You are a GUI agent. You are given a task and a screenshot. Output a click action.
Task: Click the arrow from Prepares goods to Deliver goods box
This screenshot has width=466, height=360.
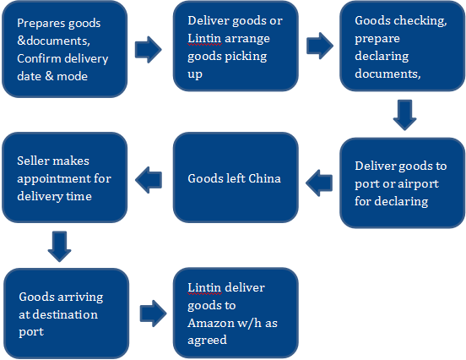coord(148,50)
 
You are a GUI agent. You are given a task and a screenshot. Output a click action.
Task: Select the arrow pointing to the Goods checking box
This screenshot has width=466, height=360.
coord(320,46)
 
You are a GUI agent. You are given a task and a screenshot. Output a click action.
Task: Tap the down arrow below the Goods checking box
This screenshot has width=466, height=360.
coord(404,115)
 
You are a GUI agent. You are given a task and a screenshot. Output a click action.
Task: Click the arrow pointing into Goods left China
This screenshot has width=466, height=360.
coord(319,183)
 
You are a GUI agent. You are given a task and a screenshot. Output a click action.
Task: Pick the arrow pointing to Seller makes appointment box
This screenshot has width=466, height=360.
coord(149,180)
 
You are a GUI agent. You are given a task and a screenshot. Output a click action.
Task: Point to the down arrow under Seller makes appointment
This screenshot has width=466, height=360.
coord(59,247)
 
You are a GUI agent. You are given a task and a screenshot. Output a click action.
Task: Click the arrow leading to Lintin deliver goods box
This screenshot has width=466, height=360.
coord(154,314)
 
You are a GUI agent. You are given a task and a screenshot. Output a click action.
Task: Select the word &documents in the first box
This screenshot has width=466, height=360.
coord(53,41)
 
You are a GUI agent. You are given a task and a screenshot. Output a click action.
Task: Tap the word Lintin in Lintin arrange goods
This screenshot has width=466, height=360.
coord(204,38)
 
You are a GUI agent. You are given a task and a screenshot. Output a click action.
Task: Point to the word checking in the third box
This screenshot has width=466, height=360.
coord(422,21)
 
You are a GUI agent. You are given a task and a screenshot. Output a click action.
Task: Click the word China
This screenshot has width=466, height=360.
coord(264,178)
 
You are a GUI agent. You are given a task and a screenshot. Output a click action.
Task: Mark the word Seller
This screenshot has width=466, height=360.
coord(32,161)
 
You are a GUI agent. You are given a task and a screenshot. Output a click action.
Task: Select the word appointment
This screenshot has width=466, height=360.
coord(54,179)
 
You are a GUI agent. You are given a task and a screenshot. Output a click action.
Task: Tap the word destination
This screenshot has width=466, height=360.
coord(69,314)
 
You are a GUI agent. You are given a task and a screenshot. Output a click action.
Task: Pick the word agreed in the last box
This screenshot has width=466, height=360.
coord(207,341)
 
